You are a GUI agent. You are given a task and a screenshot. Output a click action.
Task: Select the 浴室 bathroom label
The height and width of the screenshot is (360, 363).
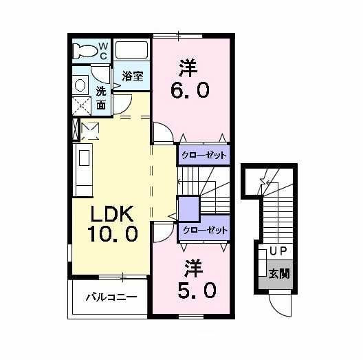tap(133, 76)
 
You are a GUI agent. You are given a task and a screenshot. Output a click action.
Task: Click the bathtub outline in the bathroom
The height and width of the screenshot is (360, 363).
tap(132, 50)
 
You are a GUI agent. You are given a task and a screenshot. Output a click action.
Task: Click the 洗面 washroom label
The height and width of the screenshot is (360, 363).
tap(101, 98)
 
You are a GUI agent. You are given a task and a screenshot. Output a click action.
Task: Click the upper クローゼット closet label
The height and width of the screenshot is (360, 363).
tap(203, 155)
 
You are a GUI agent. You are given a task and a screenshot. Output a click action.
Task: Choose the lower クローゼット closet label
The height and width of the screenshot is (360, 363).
tap(203, 231)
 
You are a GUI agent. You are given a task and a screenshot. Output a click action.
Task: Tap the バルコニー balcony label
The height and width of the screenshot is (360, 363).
tap(111, 297)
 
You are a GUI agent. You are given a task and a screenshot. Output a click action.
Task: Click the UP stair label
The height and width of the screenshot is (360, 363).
tap(278, 251)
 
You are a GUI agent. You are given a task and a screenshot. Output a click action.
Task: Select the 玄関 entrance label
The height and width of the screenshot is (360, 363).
tap(278, 273)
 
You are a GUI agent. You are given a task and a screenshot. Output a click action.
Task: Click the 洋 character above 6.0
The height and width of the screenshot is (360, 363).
tap(188, 67)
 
